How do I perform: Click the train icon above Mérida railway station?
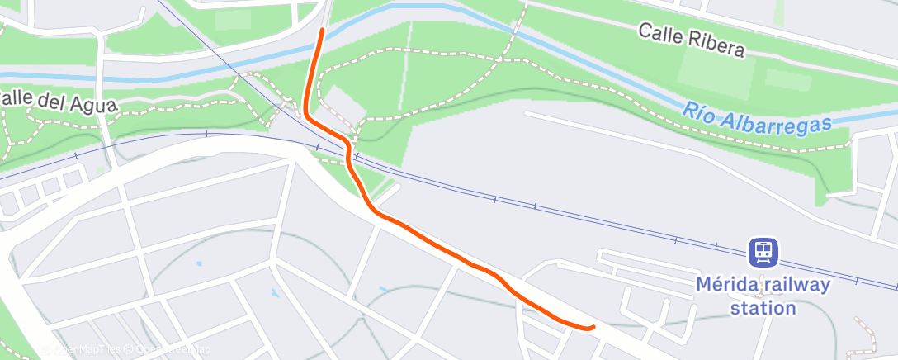click(x=763, y=251)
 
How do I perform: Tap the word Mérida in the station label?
click(x=725, y=285)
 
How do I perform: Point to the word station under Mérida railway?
click(x=763, y=308)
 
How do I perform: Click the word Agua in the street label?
click(x=97, y=105)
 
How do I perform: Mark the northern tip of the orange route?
click(x=320, y=31)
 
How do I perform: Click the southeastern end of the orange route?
click(x=592, y=328)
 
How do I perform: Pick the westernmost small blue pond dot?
click(x=199, y=263)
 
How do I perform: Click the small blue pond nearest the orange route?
click(x=382, y=289)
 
